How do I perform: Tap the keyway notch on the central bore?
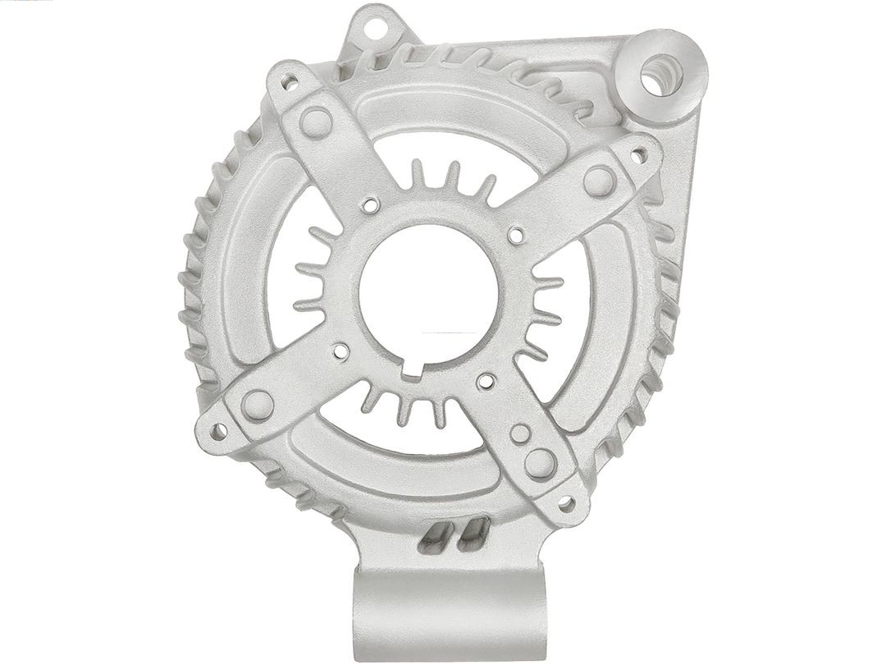click(x=412, y=371)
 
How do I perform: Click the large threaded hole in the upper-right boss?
click(x=661, y=74)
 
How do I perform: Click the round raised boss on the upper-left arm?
click(x=316, y=122)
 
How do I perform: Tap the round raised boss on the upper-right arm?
click(x=600, y=181)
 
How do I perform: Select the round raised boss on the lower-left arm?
click(x=258, y=405)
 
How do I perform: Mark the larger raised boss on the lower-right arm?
click(x=540, y=463)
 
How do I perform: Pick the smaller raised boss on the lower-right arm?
click(x=520, y=433)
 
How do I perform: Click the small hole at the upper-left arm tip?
click(x=290, y=81)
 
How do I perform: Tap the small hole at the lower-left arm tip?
click(x=218, y=430)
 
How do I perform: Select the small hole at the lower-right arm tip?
click(x=566, y=502)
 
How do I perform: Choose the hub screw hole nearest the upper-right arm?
click(x=515, y=236)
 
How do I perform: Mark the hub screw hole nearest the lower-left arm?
click(x=340, y=352)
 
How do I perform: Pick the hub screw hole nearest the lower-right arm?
click(x=486, y=381)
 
